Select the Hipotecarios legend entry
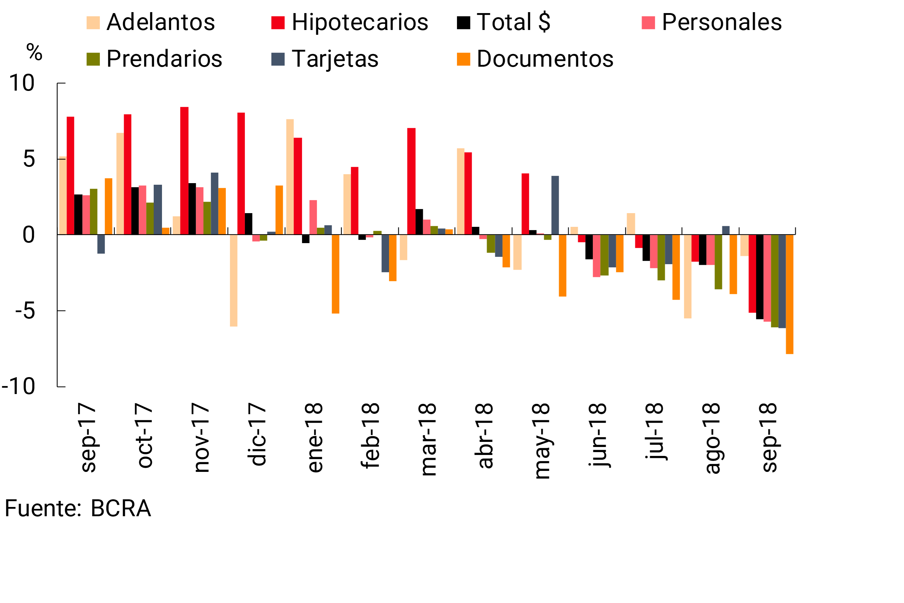point(350,22)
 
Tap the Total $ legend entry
point(503,22)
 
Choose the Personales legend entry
point(711,22)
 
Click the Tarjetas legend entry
point(325,59)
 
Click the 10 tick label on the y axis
point(22,83)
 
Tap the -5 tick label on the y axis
point(25,311)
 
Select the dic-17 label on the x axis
point(257,435)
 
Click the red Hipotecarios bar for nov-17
point(185,171)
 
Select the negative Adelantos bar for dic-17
point(234,280)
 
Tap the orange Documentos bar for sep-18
point(790,294)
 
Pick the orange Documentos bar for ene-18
point(335,274)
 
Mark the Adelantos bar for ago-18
point(687,277)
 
